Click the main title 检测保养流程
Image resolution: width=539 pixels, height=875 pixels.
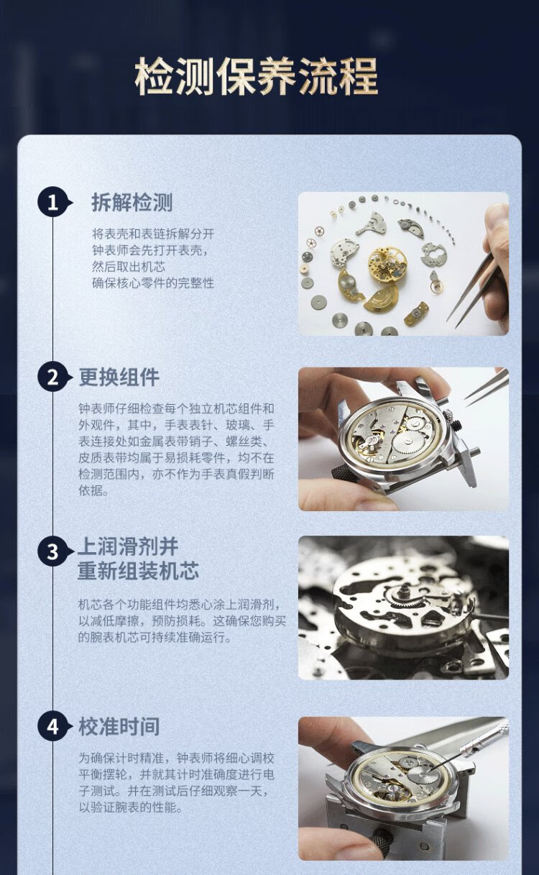pos(257,76)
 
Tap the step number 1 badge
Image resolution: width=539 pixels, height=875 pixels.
pos(53,203)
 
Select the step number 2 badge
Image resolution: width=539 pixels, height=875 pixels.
pos(53,377)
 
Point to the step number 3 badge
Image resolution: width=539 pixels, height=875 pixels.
pos(53,551)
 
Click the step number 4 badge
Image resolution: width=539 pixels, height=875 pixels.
pos(53,727)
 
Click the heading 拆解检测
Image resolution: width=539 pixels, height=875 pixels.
pos(132,203)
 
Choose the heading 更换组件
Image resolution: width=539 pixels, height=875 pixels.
pos(119,377)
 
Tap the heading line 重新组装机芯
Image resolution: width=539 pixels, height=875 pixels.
pos(138,571)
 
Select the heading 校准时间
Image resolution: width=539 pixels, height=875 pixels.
pos(119,727)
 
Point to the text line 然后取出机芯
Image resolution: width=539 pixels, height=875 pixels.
pos(129,267)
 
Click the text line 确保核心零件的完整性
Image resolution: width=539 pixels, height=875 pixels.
pos(153,283)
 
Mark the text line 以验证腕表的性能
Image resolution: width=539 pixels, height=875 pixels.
pos(131,806)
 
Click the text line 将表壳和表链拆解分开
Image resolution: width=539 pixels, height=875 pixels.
pos(153,234)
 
